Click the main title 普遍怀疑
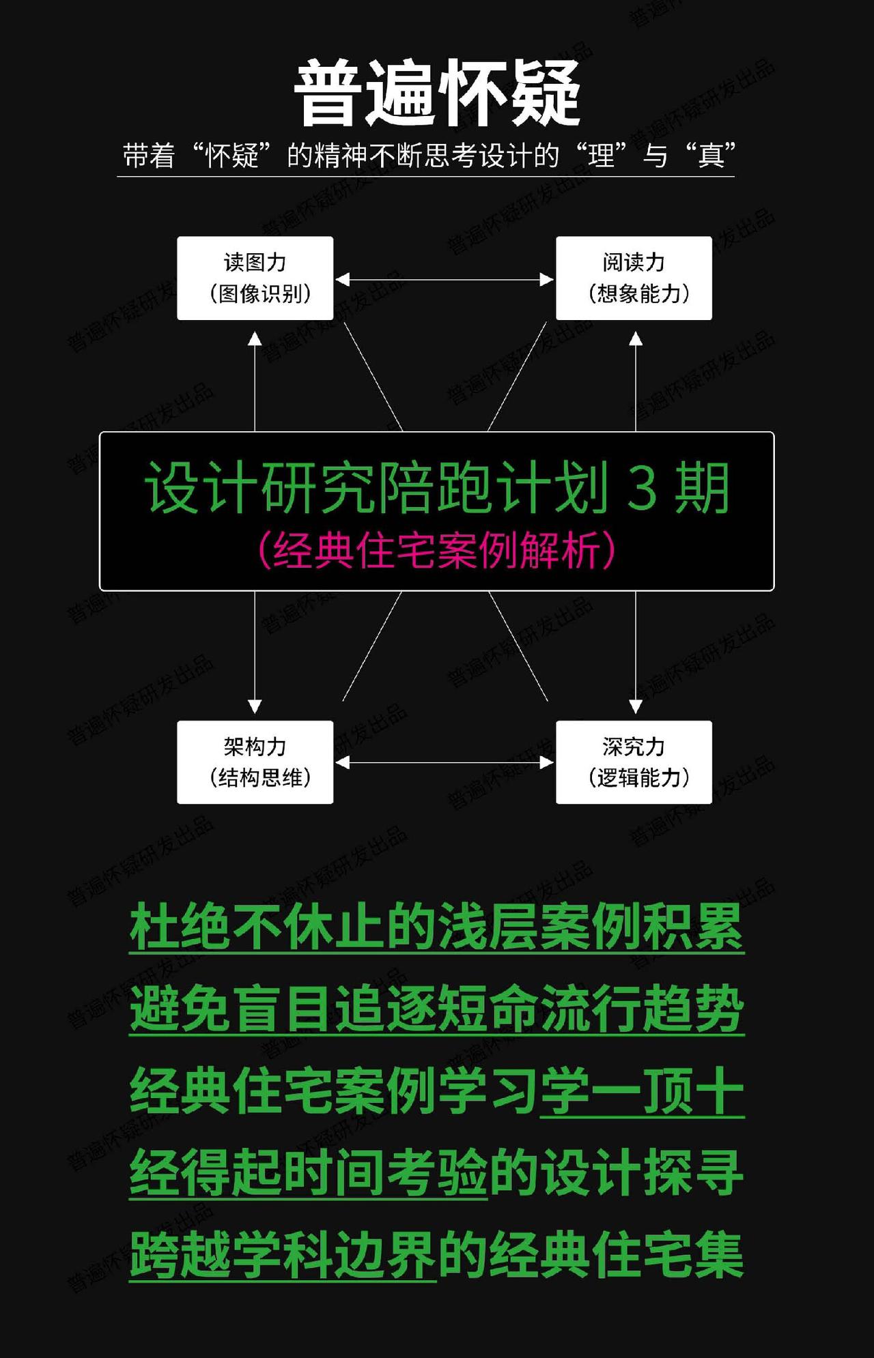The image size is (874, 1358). (x=437, y=92)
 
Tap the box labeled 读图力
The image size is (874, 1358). (x=255, y=278)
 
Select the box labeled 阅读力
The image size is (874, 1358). (x=634, y=278)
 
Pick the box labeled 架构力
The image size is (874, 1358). (x=255, y=762)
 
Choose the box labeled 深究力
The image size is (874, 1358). (x=634, y=762)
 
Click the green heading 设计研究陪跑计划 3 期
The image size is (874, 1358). (x=437, y=487)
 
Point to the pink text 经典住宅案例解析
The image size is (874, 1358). (x=437, y=550)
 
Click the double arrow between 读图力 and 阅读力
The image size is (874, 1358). (x=445, y=279)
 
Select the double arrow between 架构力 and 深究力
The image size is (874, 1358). (x=445, y=762)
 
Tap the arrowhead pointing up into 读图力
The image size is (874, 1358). (x=255, y=338)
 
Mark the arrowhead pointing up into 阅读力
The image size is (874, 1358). (x=636, y=338)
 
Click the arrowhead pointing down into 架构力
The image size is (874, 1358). (x=255, y=706)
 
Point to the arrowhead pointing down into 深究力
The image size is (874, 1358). (x=636, y=706)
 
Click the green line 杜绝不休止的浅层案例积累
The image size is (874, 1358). (x=437, y=927)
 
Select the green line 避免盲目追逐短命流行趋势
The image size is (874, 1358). (x=437, y=1009)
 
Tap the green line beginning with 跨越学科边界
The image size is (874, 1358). (x=437, y=1254)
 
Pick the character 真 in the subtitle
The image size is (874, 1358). (x=710, y=156)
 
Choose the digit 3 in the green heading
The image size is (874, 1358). (x=642, y=487)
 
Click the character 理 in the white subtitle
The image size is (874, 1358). (x=602, y=156)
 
